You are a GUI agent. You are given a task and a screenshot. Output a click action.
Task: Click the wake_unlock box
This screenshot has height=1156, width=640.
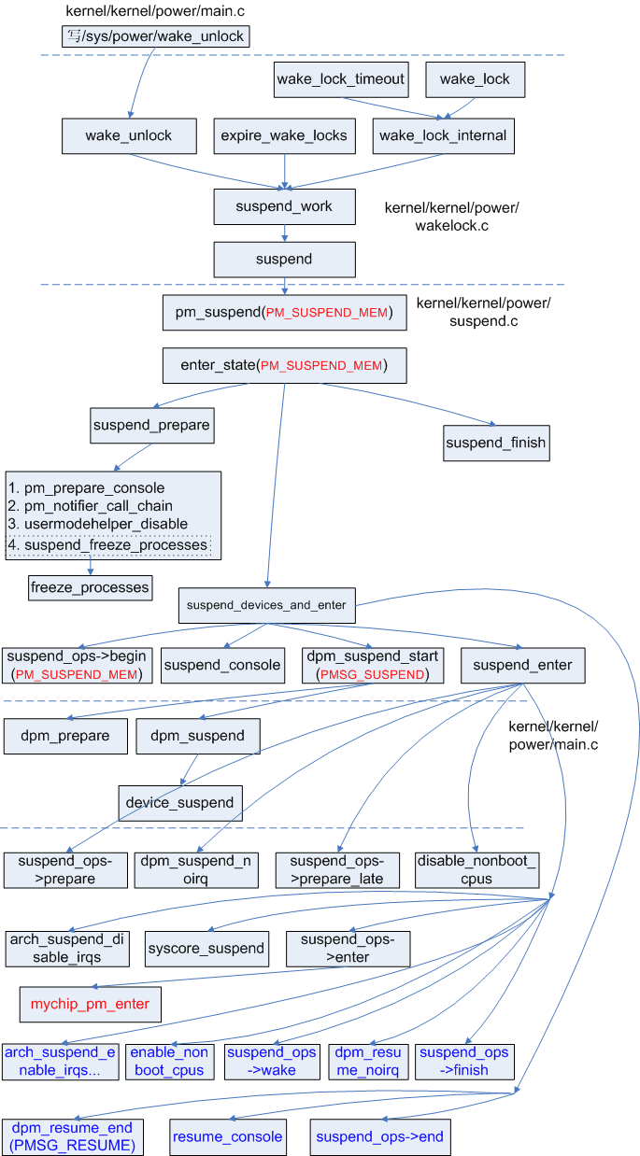[129, 136]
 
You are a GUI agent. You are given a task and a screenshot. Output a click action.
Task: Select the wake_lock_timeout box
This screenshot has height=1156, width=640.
[341, 79]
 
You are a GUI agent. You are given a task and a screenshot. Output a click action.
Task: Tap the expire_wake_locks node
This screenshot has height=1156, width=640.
[284, 136]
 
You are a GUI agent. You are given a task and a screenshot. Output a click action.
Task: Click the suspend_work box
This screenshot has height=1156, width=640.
[285, 206]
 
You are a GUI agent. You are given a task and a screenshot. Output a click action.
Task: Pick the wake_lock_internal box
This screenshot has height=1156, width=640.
[443, 136]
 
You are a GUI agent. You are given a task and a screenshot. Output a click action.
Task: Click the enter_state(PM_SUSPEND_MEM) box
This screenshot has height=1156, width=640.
[284, 365]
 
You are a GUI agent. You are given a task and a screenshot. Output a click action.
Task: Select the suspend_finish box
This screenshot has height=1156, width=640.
[496, 443]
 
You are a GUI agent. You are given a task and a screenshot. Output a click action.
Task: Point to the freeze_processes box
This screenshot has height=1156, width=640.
[90, 587]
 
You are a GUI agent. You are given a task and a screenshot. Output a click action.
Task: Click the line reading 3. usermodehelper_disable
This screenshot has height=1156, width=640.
[98, 524]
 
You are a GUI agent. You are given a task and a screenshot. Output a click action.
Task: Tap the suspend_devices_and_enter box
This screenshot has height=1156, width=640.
[266, 605]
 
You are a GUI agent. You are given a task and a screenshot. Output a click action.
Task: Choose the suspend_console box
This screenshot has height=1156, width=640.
[222, 665]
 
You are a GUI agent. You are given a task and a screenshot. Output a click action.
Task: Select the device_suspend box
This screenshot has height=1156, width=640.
[180, 802]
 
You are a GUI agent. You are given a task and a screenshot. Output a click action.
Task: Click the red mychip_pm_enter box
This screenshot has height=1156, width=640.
[91, 1005]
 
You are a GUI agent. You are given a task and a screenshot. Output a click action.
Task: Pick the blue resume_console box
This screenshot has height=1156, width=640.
[226, 1136]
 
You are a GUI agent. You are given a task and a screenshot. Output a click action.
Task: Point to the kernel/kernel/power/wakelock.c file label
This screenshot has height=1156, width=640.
[451, 216]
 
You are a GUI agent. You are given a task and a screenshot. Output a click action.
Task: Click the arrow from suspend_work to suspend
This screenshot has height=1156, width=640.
[285, 233]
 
